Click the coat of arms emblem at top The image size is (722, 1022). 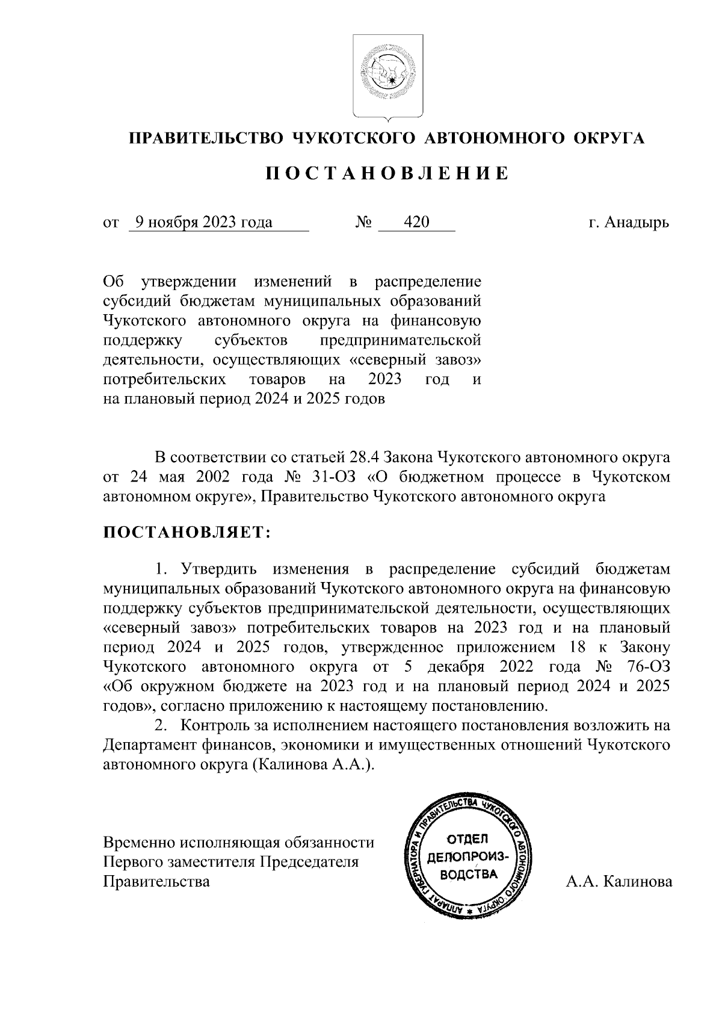pos(387,77)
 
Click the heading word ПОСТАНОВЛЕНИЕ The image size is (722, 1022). pos(388,175)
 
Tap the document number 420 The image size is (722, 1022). pos(416,223)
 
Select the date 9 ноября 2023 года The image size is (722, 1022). pos(203,223)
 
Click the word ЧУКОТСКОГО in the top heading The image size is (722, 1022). pos(354,138)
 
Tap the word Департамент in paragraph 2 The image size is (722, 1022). pos(154,745)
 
